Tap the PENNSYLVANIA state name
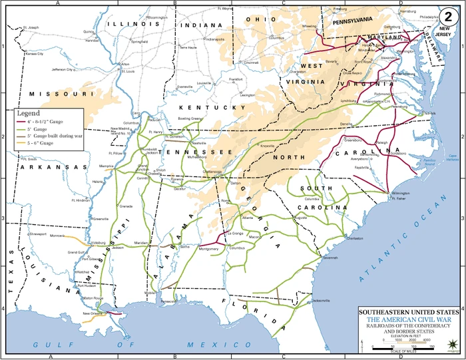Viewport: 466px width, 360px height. coord(362,21)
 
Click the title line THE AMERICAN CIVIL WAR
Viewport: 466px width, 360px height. coord(408,320)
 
